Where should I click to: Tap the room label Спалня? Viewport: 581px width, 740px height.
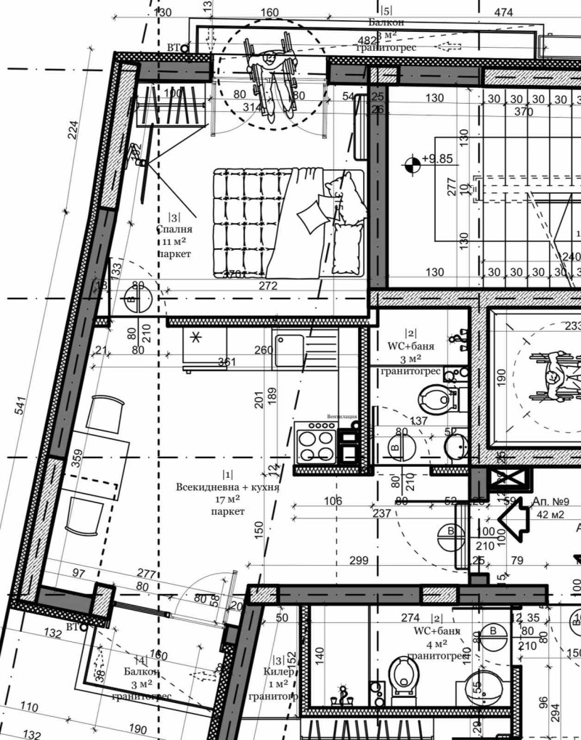(x=174, y=229)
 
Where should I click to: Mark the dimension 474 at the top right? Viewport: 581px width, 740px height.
(x=503, y=12)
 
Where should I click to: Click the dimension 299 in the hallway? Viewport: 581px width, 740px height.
(x=359, y=561)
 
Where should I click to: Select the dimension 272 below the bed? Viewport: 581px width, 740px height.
(x=268, y=286)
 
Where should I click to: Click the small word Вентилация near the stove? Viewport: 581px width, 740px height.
(x=342, y=416)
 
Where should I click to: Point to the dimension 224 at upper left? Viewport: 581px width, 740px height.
(x=73, y=131)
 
